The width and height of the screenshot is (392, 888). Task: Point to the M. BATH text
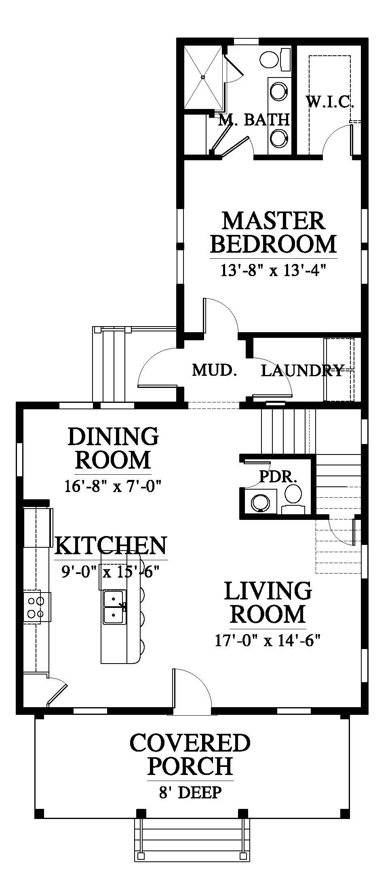(254, 120)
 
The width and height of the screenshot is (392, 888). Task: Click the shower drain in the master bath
(203, 77)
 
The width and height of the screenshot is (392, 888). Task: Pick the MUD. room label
(214, 369)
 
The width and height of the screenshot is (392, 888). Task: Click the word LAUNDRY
(302, 370)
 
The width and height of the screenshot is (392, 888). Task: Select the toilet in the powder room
(293, 499)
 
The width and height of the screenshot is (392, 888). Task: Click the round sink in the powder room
(261, 502)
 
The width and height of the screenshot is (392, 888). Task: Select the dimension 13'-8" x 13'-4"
(273, 270)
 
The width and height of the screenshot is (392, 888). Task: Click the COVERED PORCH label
(190, 754)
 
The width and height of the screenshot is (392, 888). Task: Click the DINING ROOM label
(113, 448)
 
